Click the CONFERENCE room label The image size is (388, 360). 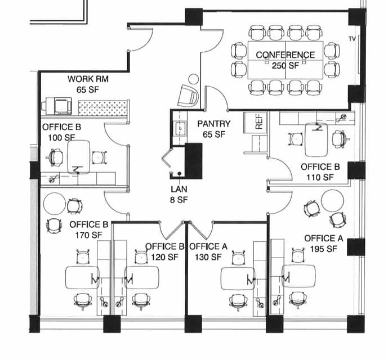pos(286,55)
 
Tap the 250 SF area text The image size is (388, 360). pos(286,65)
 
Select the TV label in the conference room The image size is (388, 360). pos(352,39)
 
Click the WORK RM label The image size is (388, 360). pos(88,79)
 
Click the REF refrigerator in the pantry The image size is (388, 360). pos(258,123)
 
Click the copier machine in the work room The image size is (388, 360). pos(58,105)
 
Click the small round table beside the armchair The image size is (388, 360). pos(193,79)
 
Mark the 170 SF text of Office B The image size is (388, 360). pos(89,234)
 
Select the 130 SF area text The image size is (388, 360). pos(208,257)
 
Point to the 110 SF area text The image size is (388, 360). pos(320,177)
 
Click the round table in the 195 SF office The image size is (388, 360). pos(332,200)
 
